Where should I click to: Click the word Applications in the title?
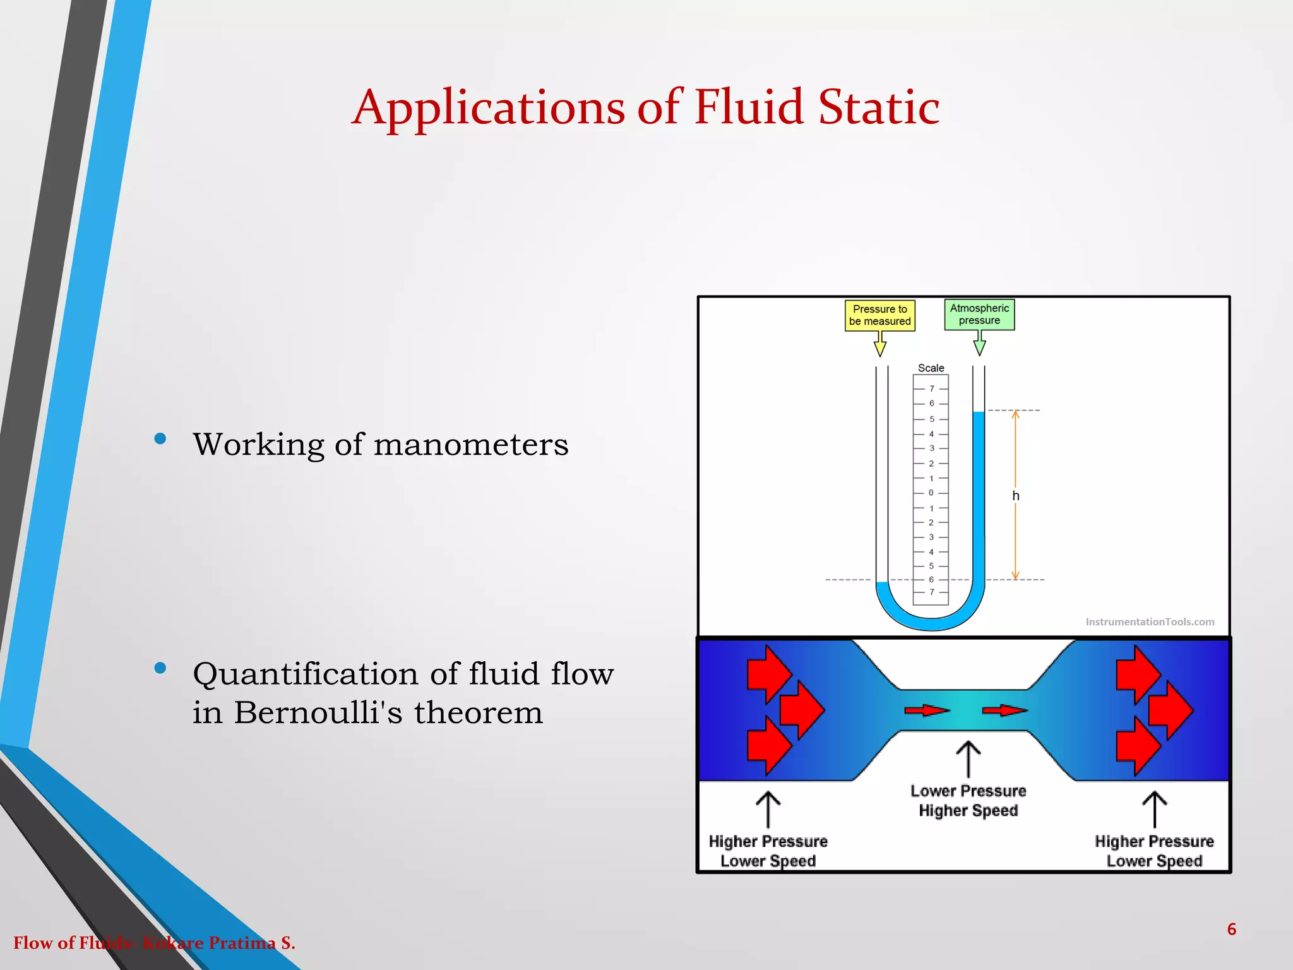coord(488,107)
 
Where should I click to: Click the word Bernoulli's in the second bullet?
coord(318,713)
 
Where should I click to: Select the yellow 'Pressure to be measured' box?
coord(879,315)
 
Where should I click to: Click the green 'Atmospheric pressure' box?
coord(979,314)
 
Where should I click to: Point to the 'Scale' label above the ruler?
coord(931,368)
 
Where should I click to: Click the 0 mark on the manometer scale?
coord(931,493)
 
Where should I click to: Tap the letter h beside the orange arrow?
coord(1016,496)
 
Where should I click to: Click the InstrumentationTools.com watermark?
coord(1149,622)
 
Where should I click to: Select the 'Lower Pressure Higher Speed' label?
coord(968,801)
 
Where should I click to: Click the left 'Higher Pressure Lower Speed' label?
coord(768,851)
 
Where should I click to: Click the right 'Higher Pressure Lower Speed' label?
coord(1154,851)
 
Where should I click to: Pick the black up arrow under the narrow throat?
coord(968,760)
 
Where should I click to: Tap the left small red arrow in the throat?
coord(926,711)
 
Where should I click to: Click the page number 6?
coord(1231,929)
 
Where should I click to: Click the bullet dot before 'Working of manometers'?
coord(160,439)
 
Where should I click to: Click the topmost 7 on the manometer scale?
coord(931,389)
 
